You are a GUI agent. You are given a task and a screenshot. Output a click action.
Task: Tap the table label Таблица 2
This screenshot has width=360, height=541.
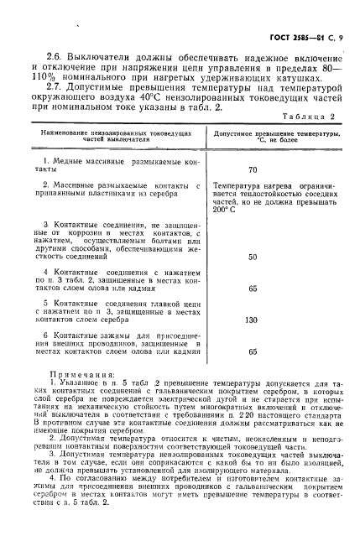(314, 117)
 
